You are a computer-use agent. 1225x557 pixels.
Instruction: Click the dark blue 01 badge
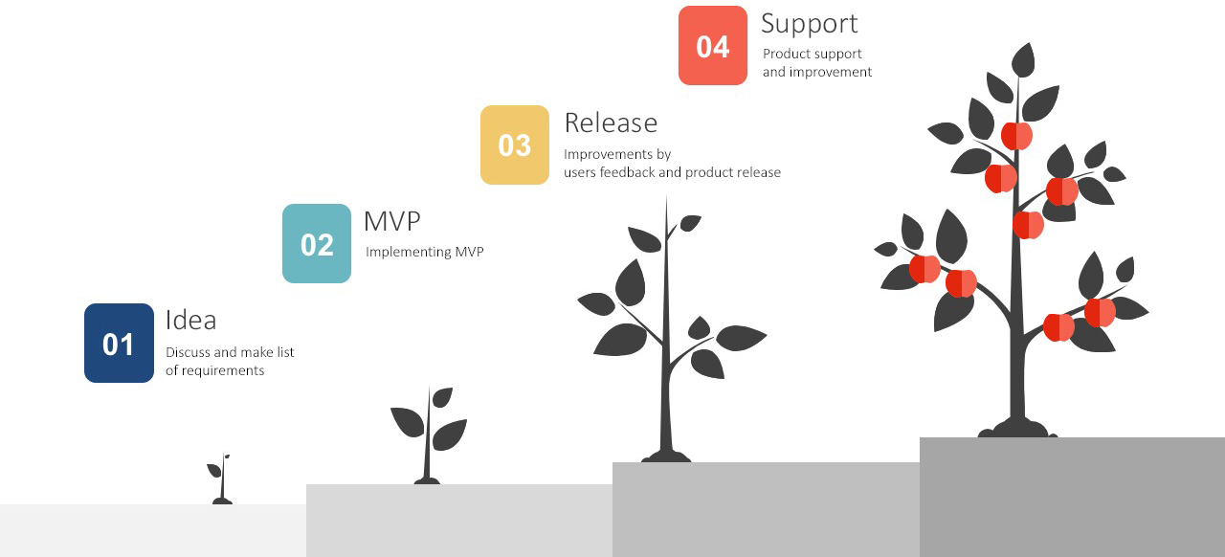pos(119,343)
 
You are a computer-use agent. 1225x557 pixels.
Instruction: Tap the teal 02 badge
pos(317,243)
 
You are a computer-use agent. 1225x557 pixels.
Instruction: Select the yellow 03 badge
pos(515,145)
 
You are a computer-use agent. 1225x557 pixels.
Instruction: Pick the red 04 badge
pos(713,45)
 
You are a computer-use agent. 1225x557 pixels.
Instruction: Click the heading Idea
pos(190,320)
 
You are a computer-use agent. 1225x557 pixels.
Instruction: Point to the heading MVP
pos(392,221)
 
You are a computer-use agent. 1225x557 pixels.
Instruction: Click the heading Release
pos(611,123)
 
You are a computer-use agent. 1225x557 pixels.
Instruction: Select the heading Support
pos(810,25)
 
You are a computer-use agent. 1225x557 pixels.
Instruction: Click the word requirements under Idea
pos(223,371)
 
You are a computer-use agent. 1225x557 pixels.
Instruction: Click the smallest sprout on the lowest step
pos(221,479)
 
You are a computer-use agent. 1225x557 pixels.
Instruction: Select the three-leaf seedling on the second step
pos(428,435)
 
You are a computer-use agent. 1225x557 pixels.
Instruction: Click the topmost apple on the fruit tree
pos(1016,135)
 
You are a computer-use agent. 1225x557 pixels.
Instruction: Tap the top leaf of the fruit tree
pos(1023,60)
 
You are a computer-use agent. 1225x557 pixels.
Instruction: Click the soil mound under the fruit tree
pos(1017,429)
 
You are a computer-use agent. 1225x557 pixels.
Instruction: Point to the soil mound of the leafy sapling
pos(666,457)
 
